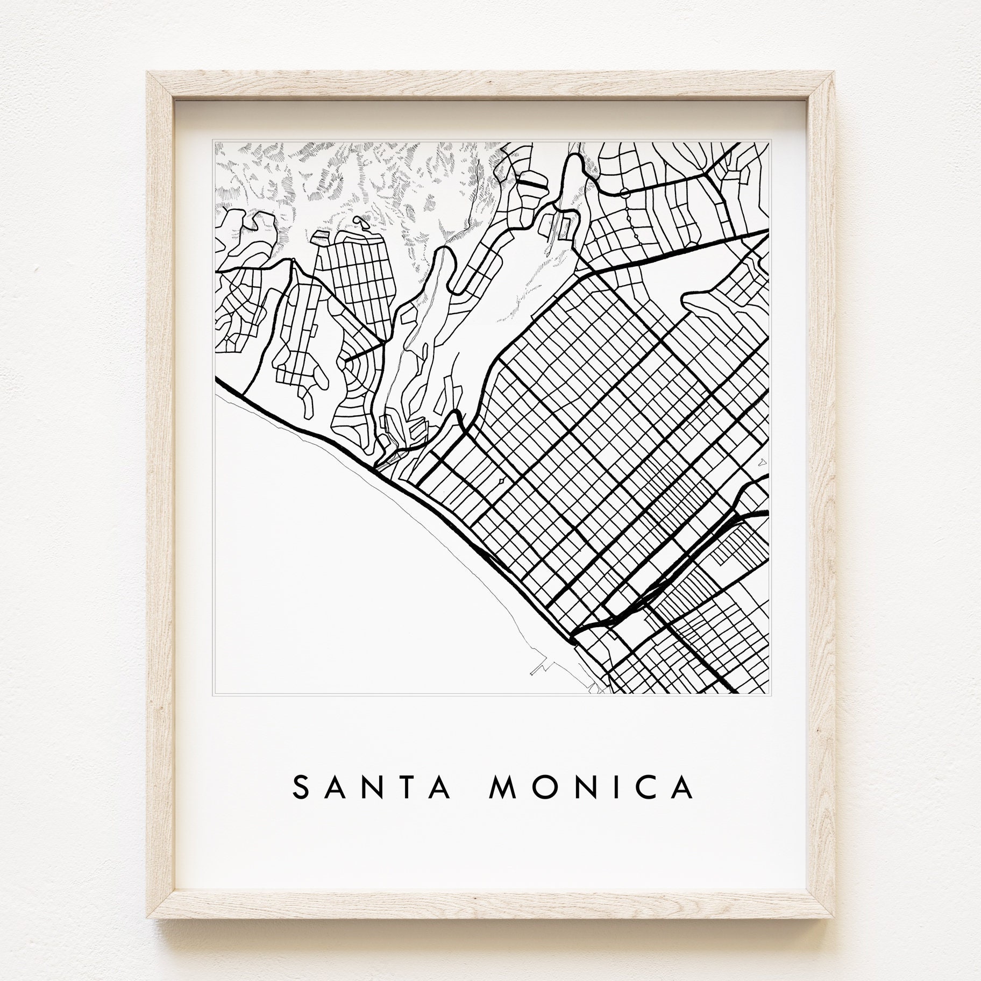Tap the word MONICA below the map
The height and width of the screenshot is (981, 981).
point(592,788)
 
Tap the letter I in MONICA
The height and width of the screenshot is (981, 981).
point(612,788)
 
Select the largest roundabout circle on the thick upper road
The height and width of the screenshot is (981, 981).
point(624,193)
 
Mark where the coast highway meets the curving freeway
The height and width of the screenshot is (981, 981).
point(574,630)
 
